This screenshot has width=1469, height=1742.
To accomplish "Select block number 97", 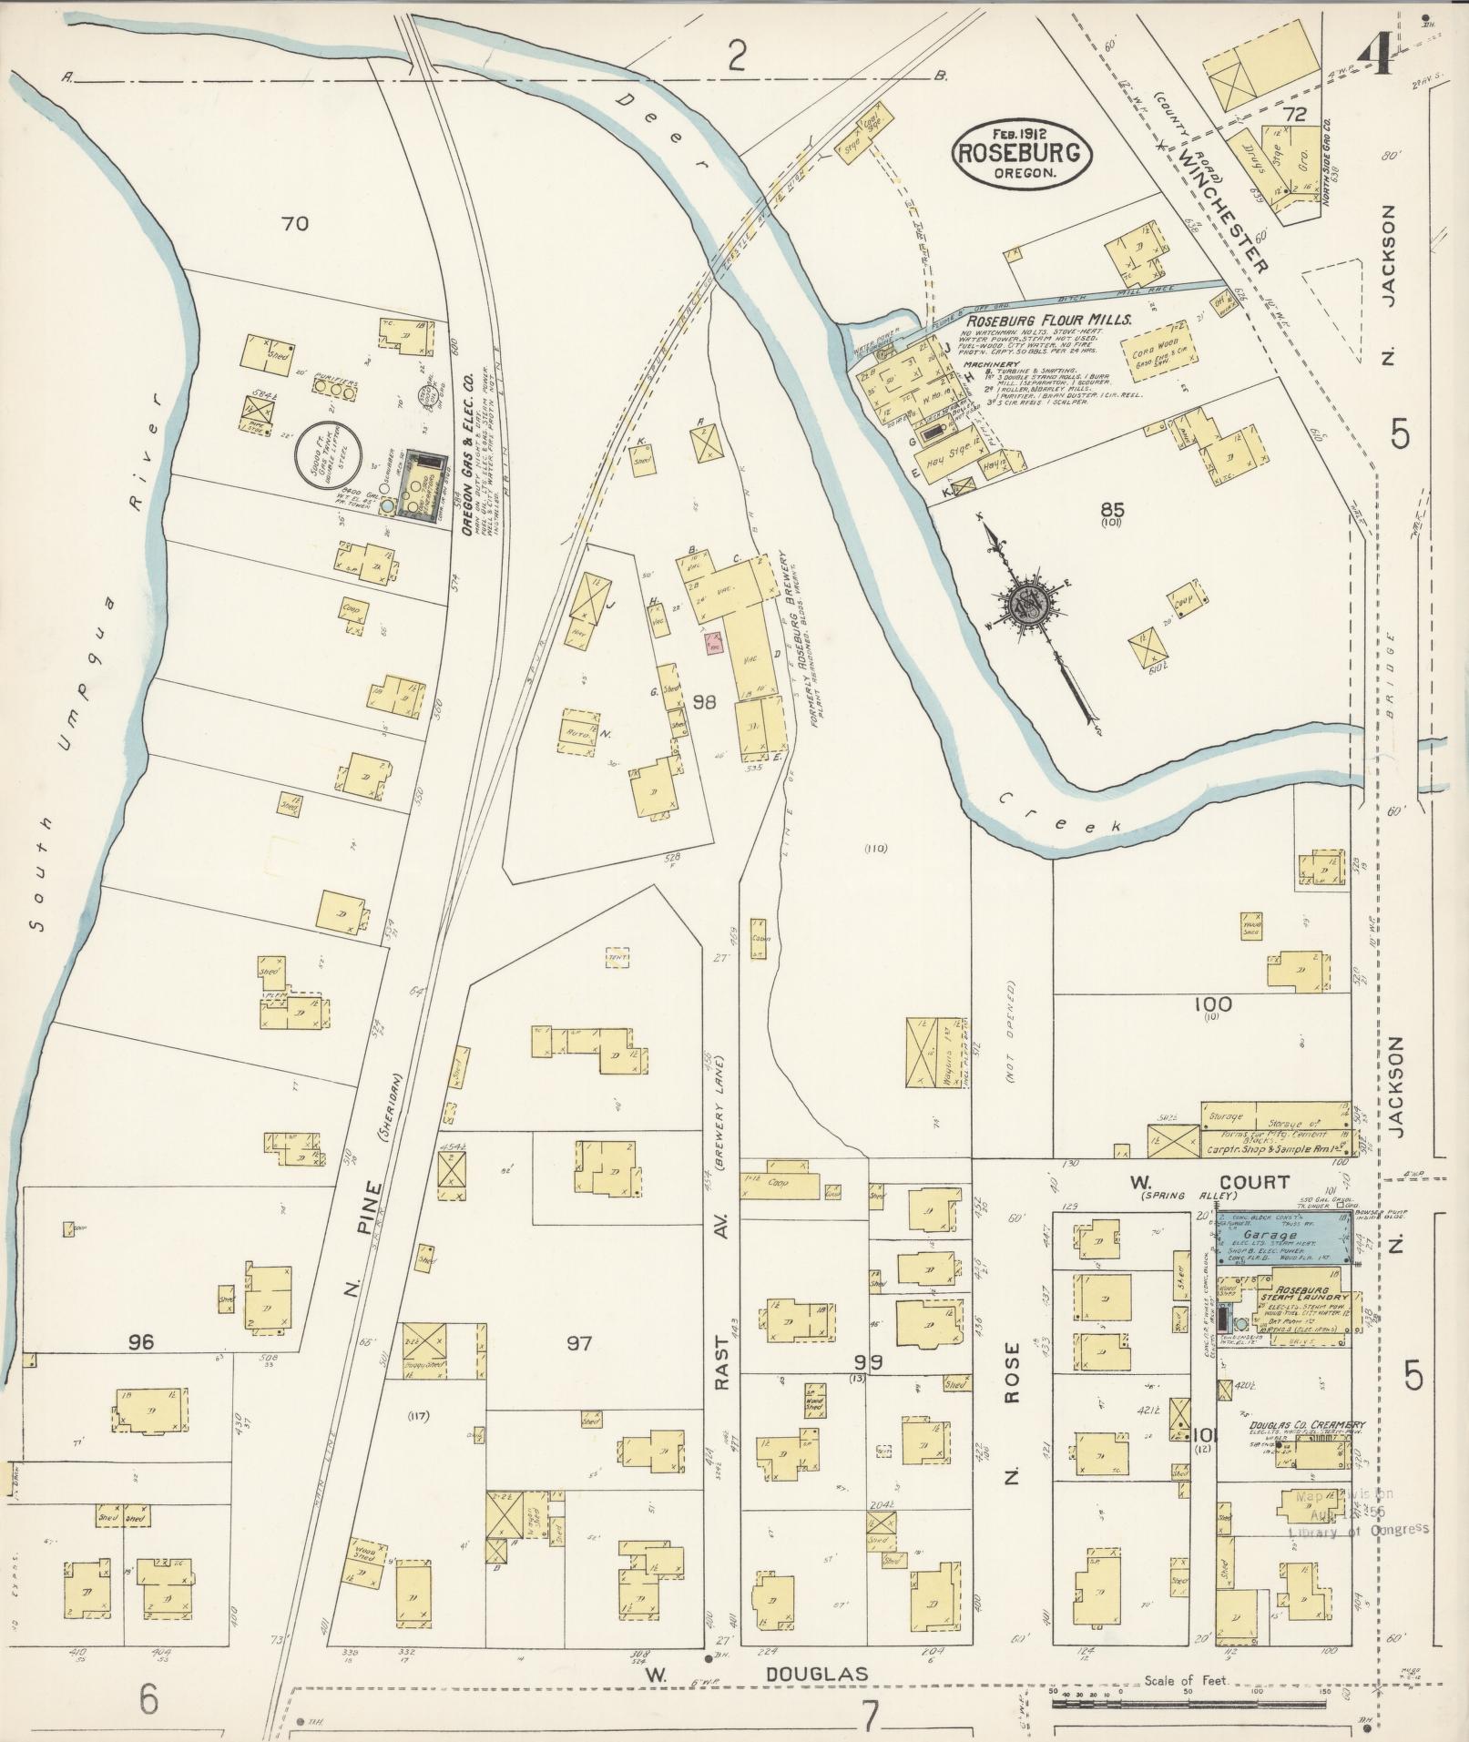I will (579, 1343).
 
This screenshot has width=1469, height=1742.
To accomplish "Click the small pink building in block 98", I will (713, 644).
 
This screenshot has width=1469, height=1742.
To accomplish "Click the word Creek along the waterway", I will (1058, 810).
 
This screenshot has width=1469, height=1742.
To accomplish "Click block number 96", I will (142, 1341).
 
